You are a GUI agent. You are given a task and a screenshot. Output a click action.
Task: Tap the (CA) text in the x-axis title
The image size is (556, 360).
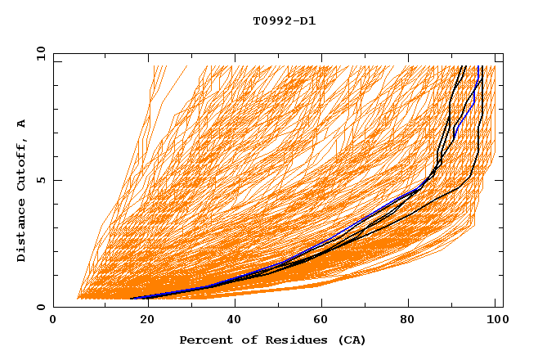click(x=350, y=340)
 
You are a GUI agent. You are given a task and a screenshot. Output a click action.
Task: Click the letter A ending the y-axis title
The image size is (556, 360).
click(x=22, y=123)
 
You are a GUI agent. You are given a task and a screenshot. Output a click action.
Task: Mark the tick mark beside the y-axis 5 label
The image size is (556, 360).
click(x=56, y=180)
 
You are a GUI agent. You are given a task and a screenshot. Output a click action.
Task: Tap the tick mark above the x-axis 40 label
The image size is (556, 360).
click(x=235, y=304)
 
